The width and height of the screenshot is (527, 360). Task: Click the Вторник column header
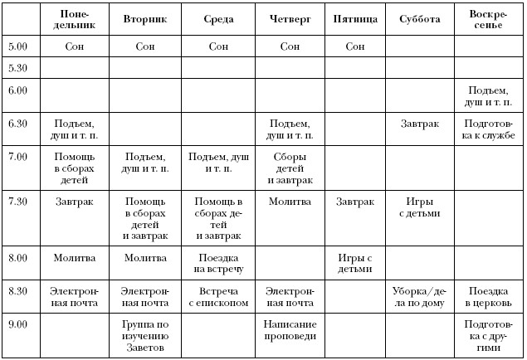tap(146, 18)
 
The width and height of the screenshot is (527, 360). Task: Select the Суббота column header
tap(419, 18)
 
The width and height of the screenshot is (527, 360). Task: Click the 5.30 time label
tap(16, 67)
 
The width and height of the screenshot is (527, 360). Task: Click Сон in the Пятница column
tap(354, 47)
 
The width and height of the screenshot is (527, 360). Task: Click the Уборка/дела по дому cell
tap(419, 297)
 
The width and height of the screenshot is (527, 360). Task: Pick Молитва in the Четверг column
tap(290, 201)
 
